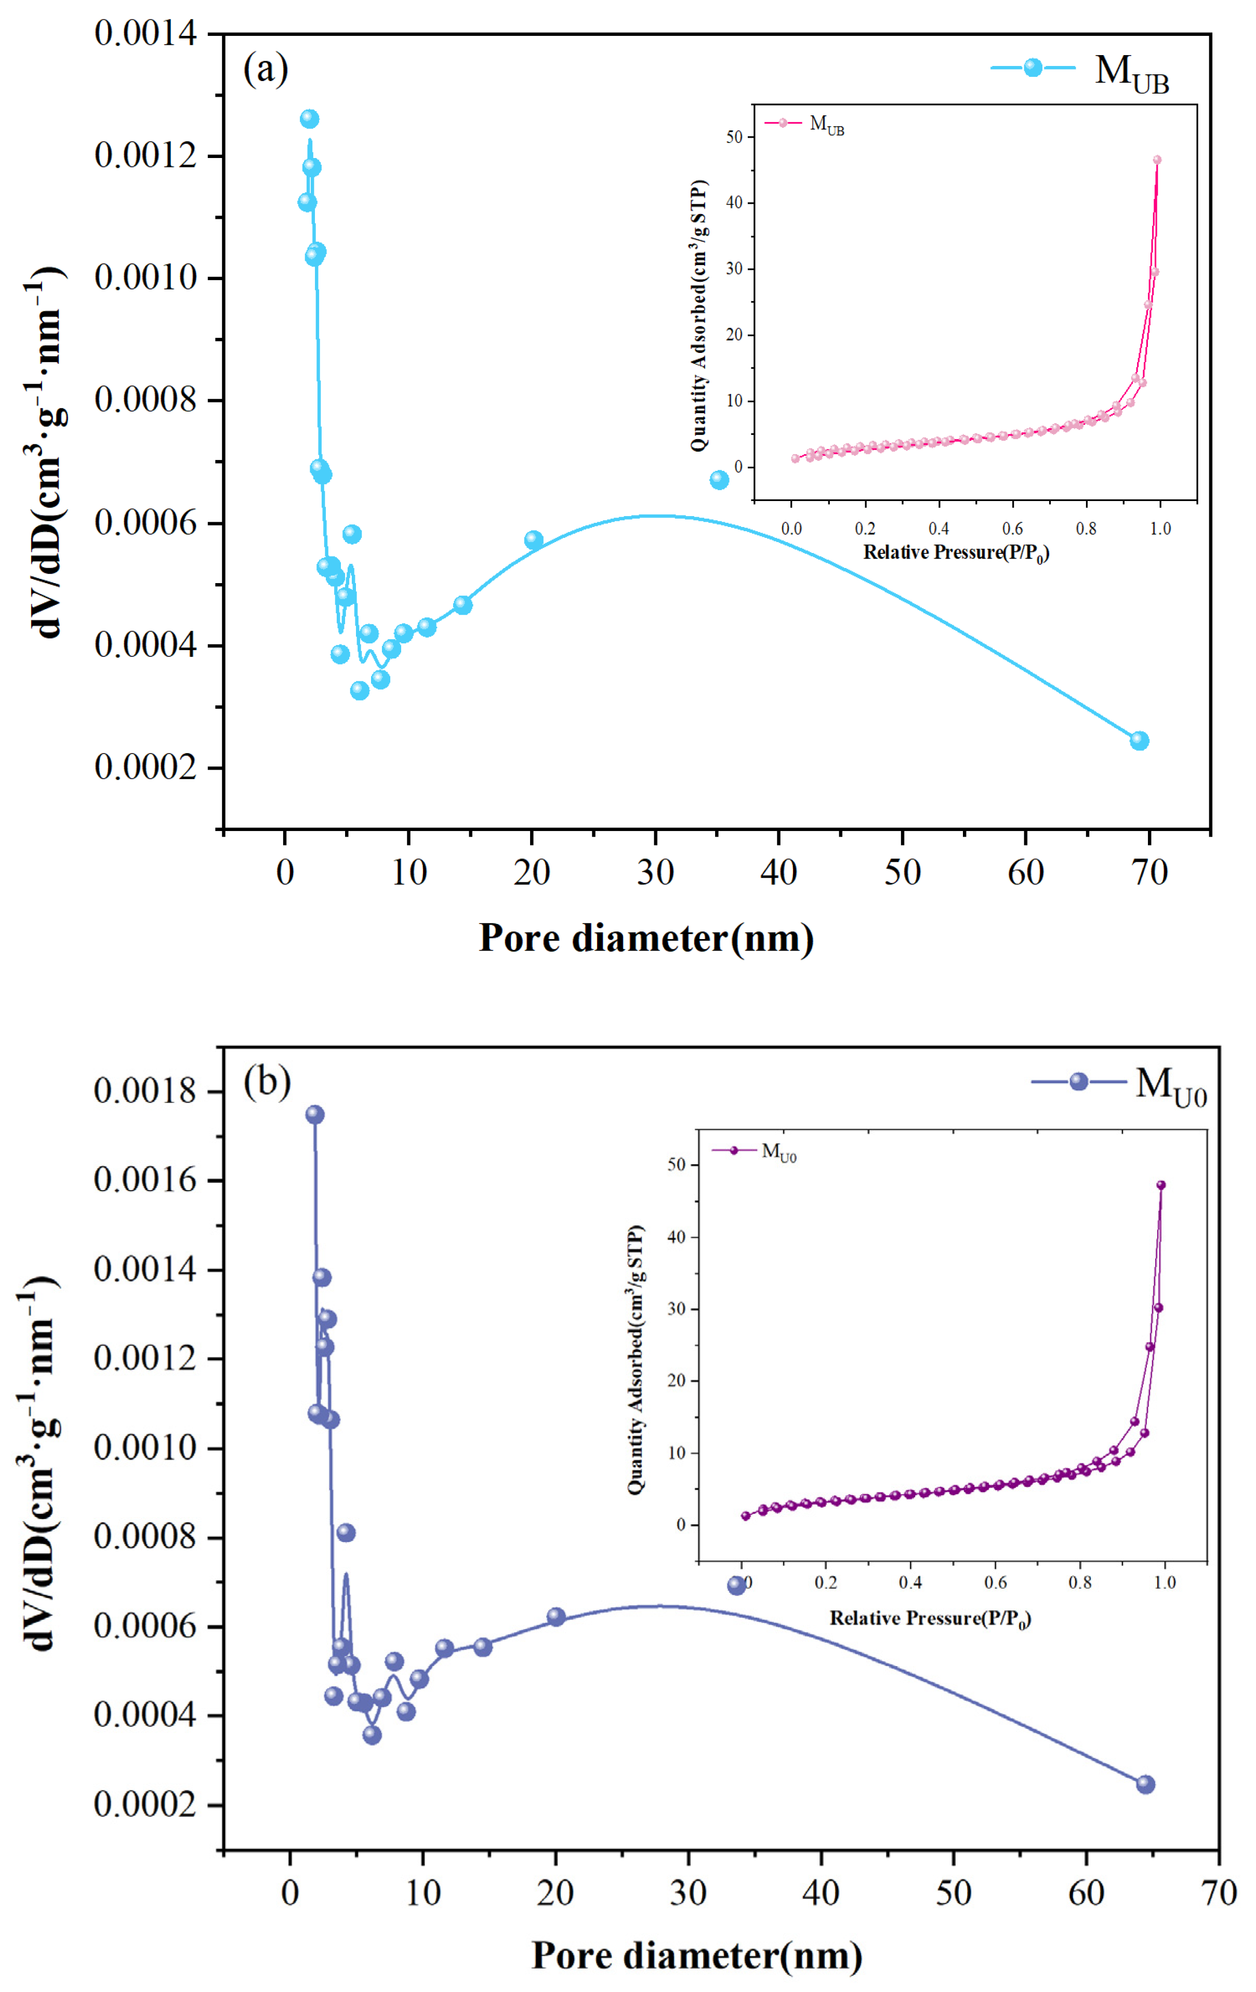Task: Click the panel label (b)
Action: [267, 1081]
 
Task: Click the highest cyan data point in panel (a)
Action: [309, 119]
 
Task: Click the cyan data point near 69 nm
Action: [1139, 741]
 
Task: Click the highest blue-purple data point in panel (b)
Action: [314, 1114]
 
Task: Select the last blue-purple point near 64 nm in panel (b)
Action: [1145, 1784]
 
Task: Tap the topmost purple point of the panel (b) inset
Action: [1161, 1184]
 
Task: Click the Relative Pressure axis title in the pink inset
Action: [956, 552]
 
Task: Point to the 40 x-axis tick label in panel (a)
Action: [778, 873]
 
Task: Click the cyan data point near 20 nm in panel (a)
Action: [534, 540]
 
